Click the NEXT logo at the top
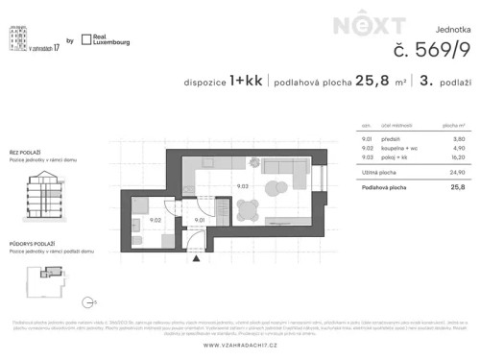point(357,27)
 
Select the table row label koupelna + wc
point(396,149)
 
